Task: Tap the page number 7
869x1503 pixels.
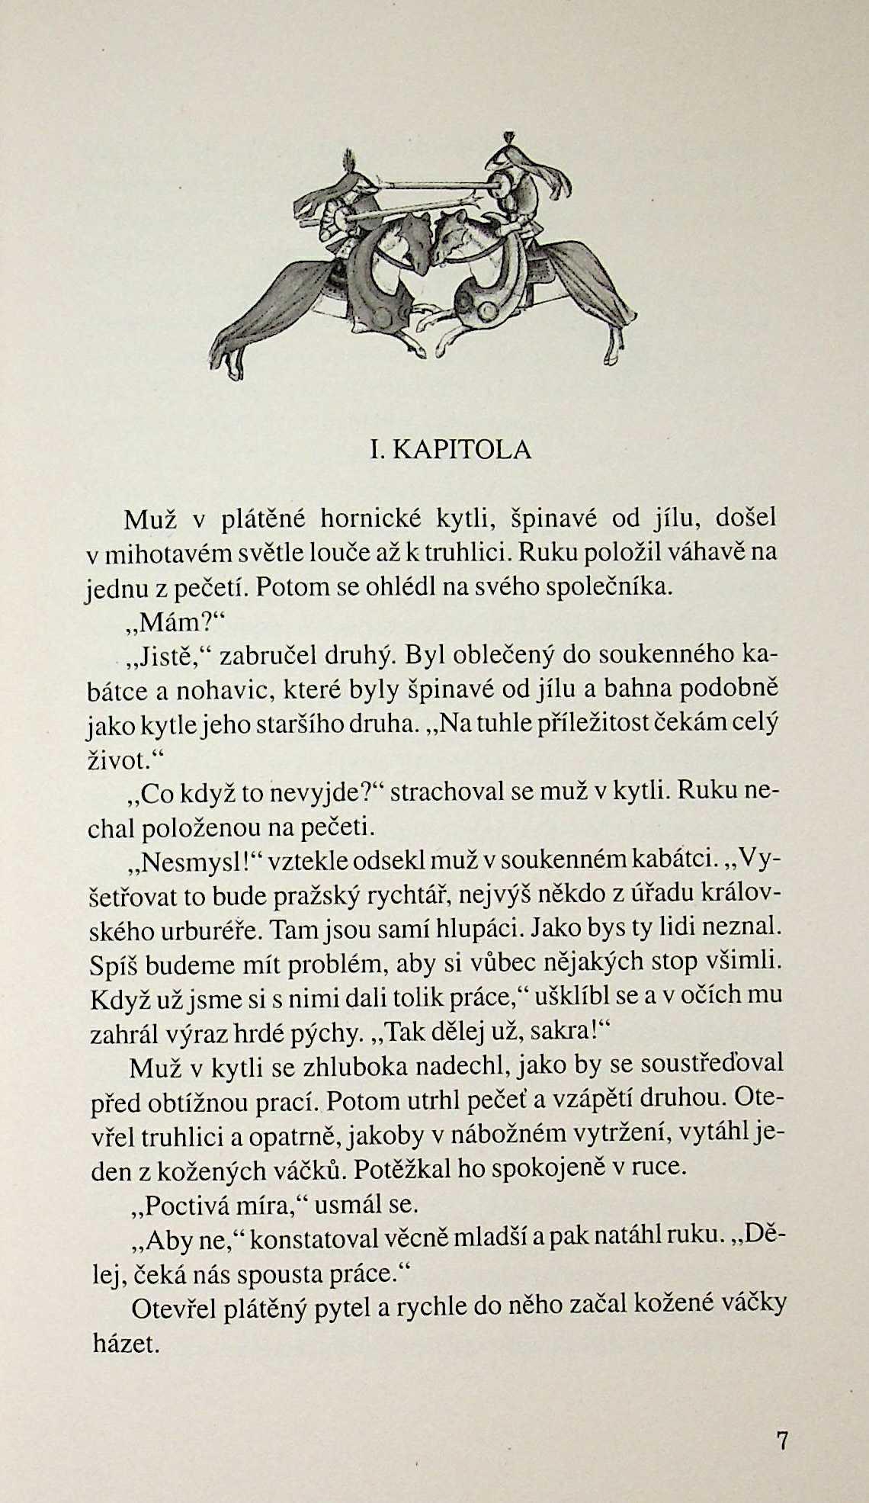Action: pos(782,1440)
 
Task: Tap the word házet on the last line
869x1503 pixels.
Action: pos(126,1344)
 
